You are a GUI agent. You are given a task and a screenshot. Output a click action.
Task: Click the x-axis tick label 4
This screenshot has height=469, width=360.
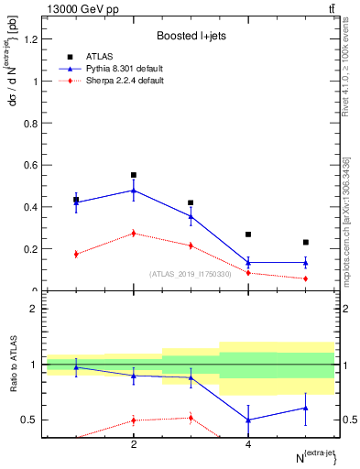click(248, 444)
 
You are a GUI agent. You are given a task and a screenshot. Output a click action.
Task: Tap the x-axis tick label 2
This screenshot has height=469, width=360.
click(134, 444)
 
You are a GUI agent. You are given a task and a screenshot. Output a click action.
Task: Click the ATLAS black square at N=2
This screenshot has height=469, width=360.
click(134, 175)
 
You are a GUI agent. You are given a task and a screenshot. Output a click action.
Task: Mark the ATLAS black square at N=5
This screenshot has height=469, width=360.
click(306, 243)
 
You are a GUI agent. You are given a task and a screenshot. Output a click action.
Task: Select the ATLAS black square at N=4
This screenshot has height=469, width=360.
click(248, 234)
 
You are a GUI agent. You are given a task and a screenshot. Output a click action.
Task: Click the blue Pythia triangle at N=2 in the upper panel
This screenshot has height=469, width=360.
click(134, 191)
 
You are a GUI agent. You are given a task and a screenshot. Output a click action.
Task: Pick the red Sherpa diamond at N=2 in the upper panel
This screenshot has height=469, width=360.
click(134, 234)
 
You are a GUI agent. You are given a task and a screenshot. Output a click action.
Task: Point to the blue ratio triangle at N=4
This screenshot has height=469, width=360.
click(248, 420)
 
